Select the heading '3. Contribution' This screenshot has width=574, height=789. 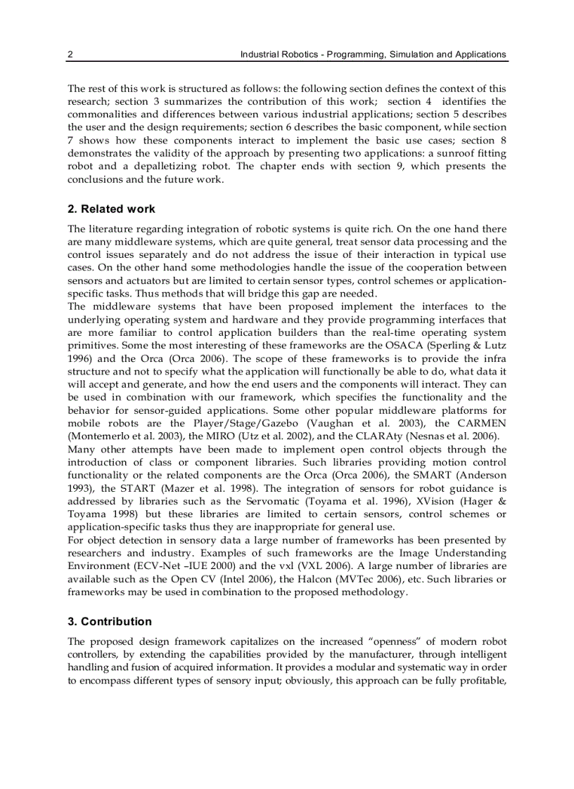(116, 622)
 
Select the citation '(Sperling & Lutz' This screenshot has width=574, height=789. (467, 345)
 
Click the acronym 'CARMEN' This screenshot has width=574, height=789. (480, 424)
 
